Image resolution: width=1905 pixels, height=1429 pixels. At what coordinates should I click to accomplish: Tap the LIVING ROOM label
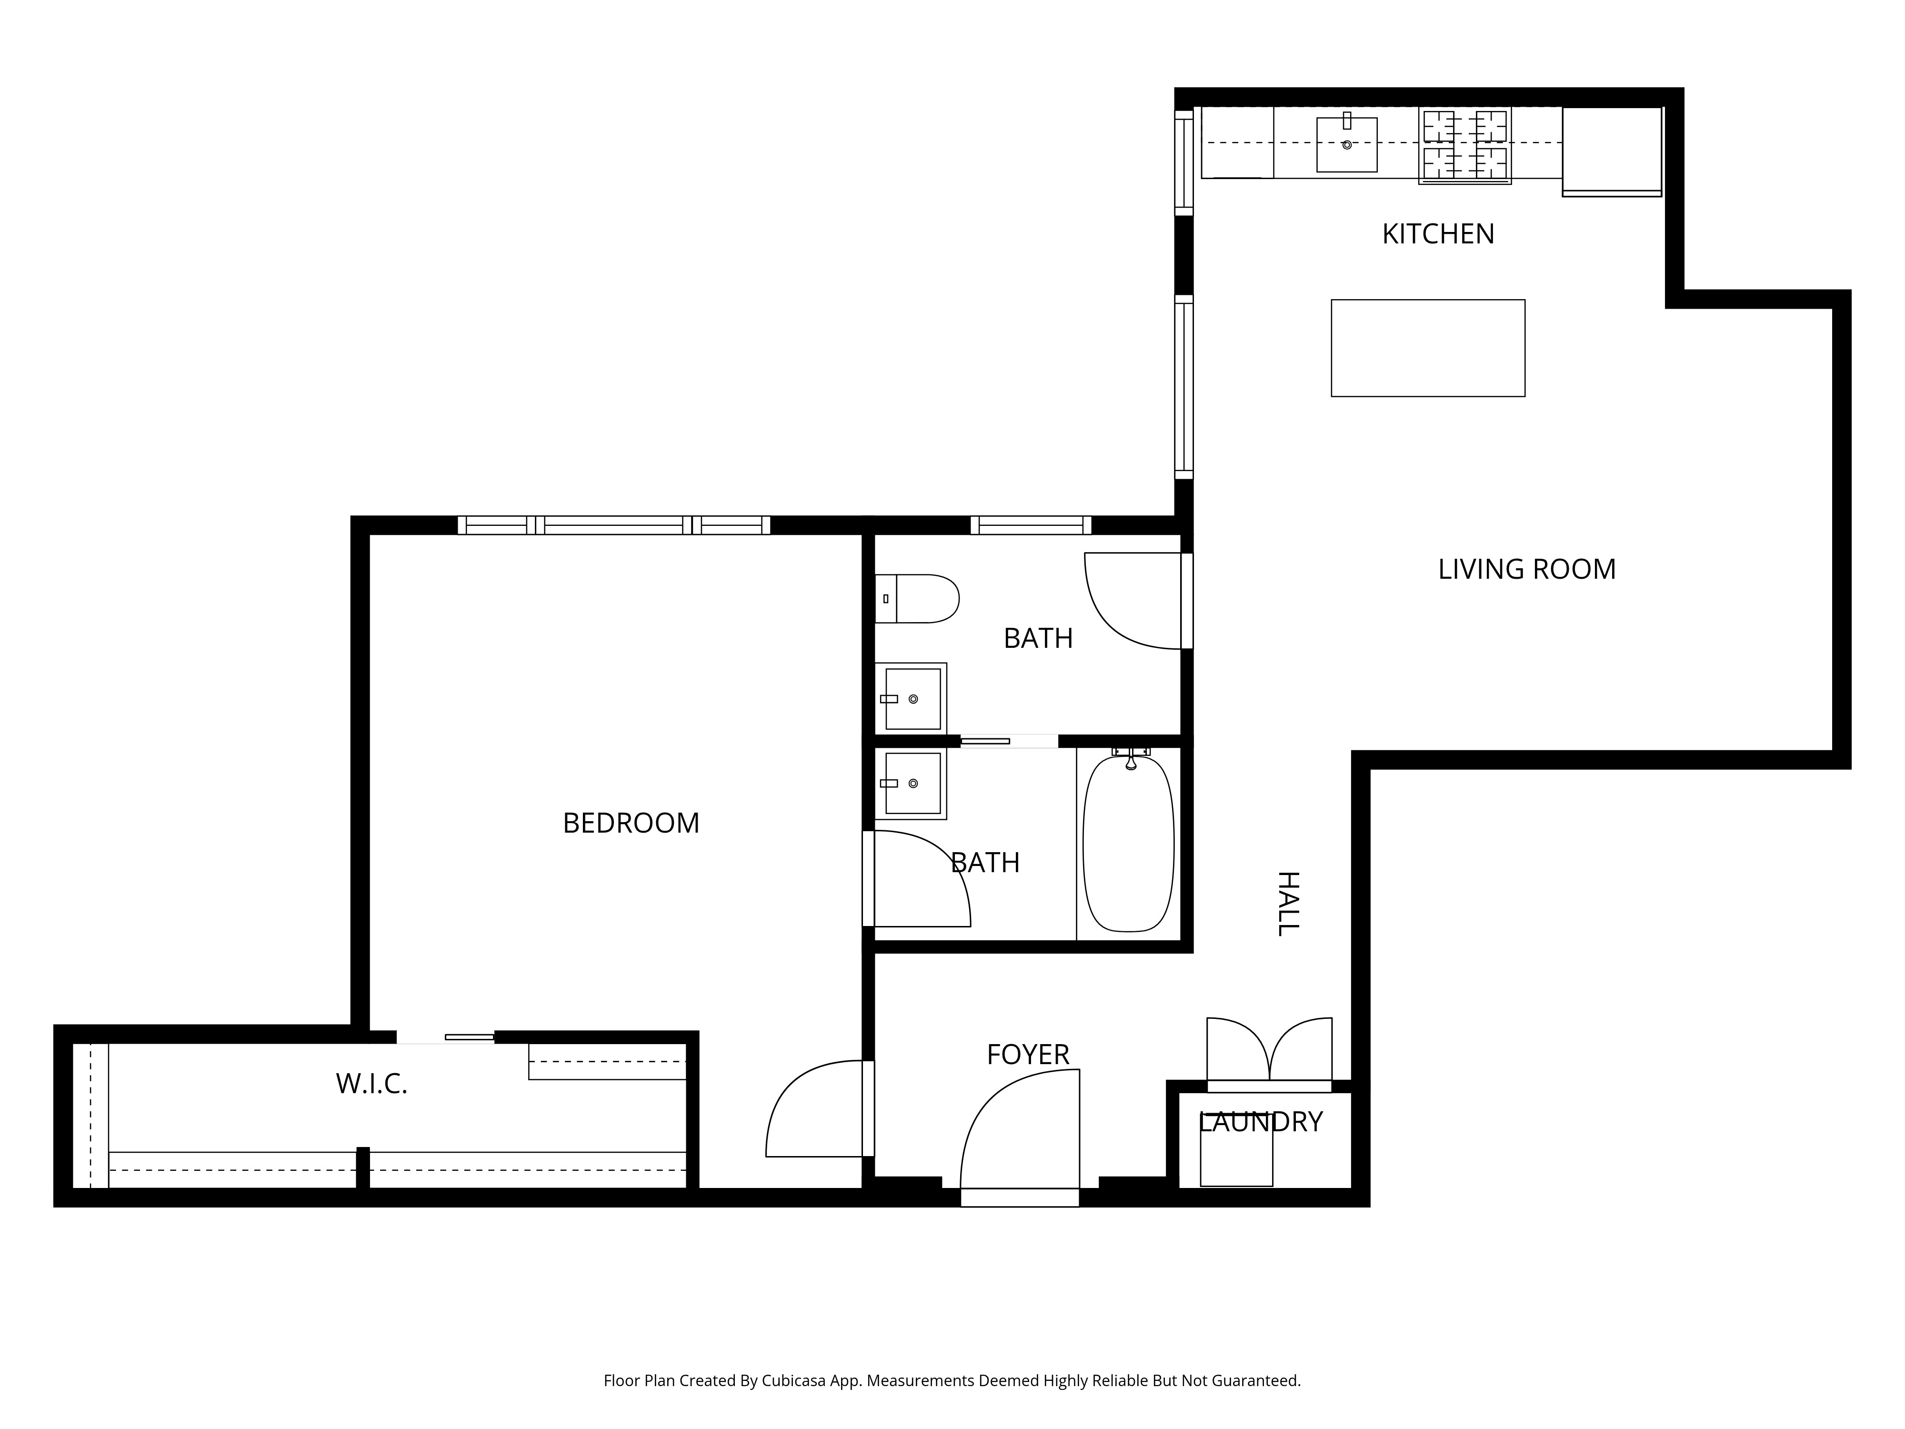(1526, 569)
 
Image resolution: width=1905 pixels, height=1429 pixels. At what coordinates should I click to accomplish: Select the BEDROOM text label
(631, 824)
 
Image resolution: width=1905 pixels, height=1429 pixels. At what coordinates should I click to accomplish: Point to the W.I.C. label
(371, 1084)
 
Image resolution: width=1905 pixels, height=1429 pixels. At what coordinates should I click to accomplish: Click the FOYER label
(1027, 1054)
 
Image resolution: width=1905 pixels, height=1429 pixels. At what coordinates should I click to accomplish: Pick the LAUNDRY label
(1260, 1121)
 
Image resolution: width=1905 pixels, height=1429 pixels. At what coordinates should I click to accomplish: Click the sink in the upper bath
(911, 699)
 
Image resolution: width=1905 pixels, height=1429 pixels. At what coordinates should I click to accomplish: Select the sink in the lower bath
(911, 783)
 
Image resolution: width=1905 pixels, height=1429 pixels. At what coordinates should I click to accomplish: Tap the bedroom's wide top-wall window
(613, 525)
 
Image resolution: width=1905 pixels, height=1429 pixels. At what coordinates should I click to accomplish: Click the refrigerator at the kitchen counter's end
(1611, 151)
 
